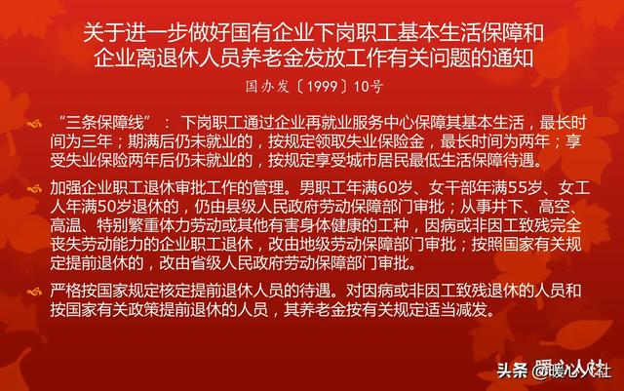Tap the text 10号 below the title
(x=369, y=87)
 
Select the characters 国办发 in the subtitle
(x=267, y=87)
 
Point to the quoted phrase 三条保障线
(x=105, y=123)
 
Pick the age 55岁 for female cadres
(x=532, y=187)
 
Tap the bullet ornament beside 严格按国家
(x=35, y=293)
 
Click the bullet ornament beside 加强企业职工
(x=35, y=189)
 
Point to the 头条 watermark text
(x=512, y=371)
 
